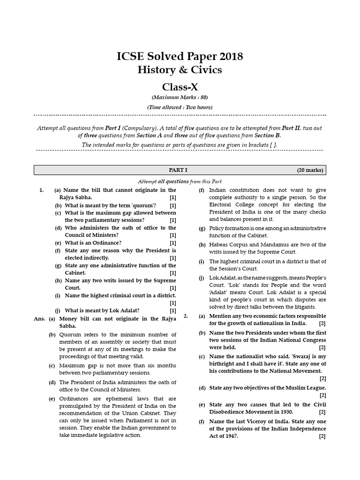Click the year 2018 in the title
click(x=229, y=57)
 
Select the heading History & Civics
click(x=180, y=70)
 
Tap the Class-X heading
click(x=180, y=87)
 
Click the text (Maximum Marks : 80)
click(x=180, y=97)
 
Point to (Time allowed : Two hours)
click(x=180, y=107)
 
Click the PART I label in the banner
click(x=178, y=170)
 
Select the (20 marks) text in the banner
click(x=310, y=170)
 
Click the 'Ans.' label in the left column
click(x=39, y=319)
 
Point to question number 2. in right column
click(x=186, y=316)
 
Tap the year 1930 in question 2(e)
click(x=292, y=412)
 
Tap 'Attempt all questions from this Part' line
click(x=180, y=181)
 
